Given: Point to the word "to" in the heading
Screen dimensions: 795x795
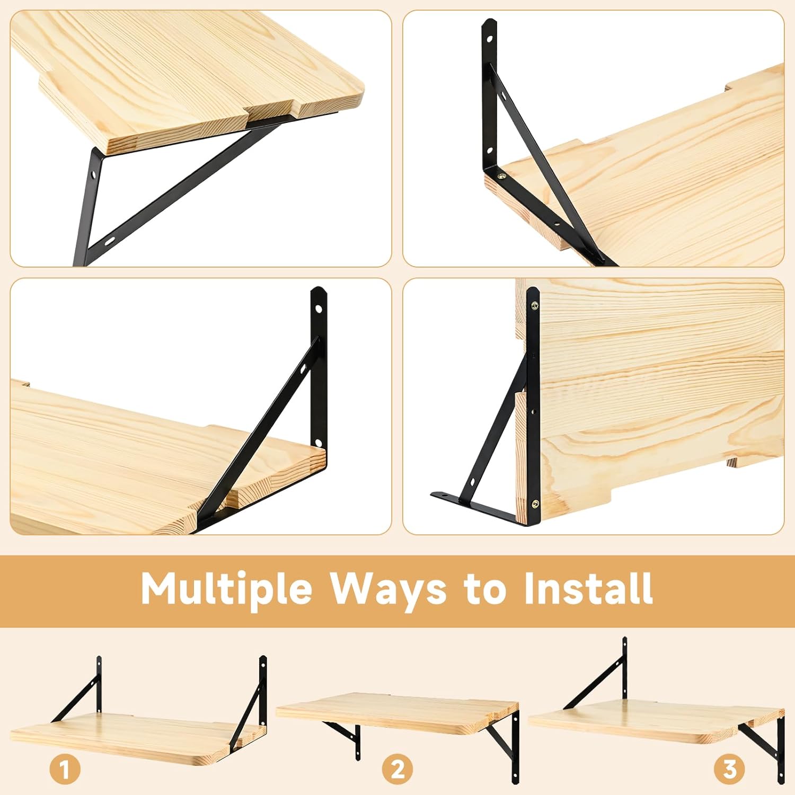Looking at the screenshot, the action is [x=485, y=589].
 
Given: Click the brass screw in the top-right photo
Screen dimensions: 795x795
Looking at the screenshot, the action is [x=501, y=174].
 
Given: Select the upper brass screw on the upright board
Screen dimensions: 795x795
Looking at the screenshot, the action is [x=535, y=305].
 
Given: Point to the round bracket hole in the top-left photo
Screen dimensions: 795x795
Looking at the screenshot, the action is [x=94, y=173].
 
